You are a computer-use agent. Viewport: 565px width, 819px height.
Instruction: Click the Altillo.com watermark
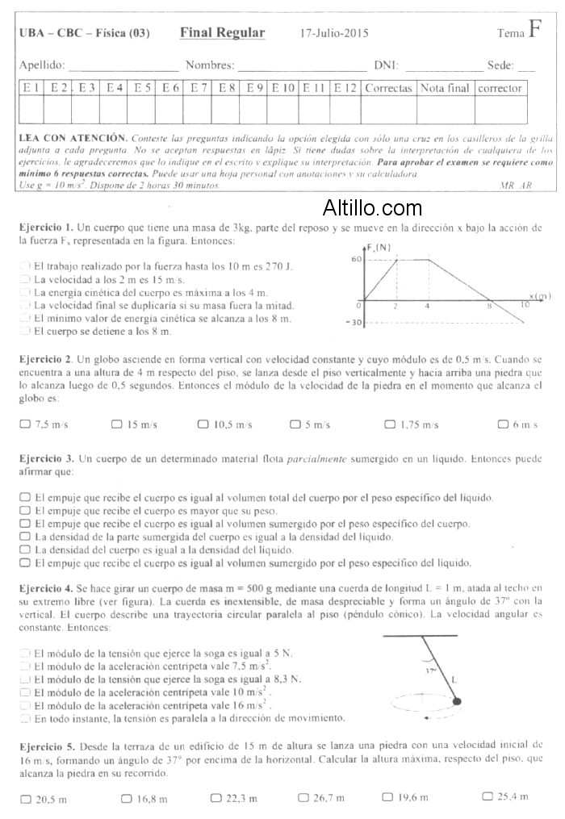coord(372,209)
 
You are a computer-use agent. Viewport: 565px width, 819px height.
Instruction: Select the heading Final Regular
coord(222,33)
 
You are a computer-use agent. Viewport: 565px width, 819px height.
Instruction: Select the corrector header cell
coord(500,88)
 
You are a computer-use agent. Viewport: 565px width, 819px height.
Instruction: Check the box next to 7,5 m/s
coord(25,424)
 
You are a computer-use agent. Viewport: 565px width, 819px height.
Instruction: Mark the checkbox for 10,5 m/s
coord(203,424)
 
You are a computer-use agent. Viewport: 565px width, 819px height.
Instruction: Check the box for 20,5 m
coord(25,798)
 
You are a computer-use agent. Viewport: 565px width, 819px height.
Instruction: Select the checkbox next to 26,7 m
coord(303,797)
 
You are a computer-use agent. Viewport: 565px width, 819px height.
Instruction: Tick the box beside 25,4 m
coord(487,796)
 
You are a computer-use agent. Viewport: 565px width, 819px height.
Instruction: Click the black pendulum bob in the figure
coord(458,702)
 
